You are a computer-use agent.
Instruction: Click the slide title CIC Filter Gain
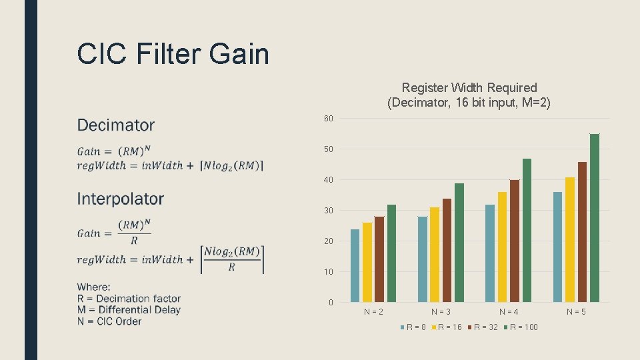click(173, 53)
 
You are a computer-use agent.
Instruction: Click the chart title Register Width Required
click(469, 88)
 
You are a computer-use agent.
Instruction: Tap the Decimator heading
click(116, 125)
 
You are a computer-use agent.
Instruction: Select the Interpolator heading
click(121, 199)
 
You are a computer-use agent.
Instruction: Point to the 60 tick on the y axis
click(329, 119)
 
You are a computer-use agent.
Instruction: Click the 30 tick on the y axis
click(329, 211)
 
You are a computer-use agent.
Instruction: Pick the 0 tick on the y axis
click(331, 303)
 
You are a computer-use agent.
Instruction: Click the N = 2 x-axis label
click(373, 311)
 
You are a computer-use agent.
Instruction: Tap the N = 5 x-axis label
click(577, 311)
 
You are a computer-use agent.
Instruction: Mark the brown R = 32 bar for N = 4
click(515, 241)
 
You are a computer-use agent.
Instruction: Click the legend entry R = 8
click(414, 327)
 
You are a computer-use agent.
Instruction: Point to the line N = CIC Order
click(109, 321)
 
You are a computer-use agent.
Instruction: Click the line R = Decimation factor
click(129, 299)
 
